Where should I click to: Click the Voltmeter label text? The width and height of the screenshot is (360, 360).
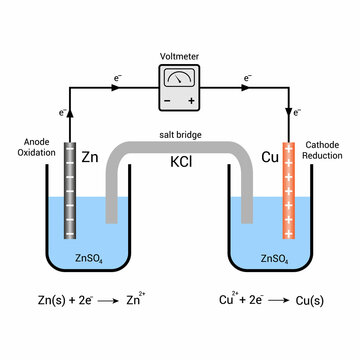point(180,57)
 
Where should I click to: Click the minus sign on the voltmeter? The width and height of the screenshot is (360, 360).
point(167,101)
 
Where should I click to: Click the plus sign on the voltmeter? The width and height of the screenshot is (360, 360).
point(192,101)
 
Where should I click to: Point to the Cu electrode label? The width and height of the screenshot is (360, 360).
point(268,157)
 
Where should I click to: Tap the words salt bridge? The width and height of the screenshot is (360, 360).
point(180,134)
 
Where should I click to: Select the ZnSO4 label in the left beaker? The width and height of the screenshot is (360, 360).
point(87,259)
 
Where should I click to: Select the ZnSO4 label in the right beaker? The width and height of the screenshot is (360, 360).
point(273,259)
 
